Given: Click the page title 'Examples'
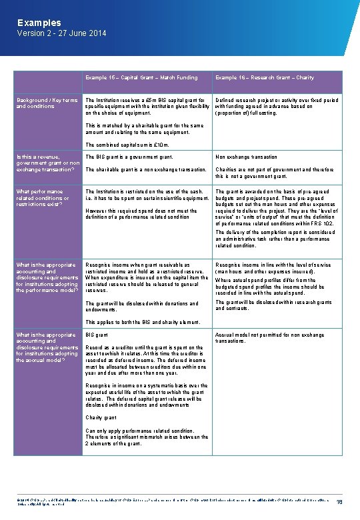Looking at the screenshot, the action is (39, 23).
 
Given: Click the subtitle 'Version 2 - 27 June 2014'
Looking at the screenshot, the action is (61, 33).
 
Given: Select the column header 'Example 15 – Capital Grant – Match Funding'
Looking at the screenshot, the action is (141, 78).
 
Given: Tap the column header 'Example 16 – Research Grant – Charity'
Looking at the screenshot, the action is (265, 78).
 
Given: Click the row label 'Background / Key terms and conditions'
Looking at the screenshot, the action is (45, 103).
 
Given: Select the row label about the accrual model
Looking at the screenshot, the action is (47, 347).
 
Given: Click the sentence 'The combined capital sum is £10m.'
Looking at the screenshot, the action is (127, 145).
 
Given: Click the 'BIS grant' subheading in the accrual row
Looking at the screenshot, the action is (97, 335).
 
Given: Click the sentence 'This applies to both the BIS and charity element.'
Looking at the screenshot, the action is (143, 323).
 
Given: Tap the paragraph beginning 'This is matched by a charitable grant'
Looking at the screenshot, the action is (145, 129).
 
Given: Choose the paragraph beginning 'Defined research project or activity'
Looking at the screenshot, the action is (277, 107).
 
